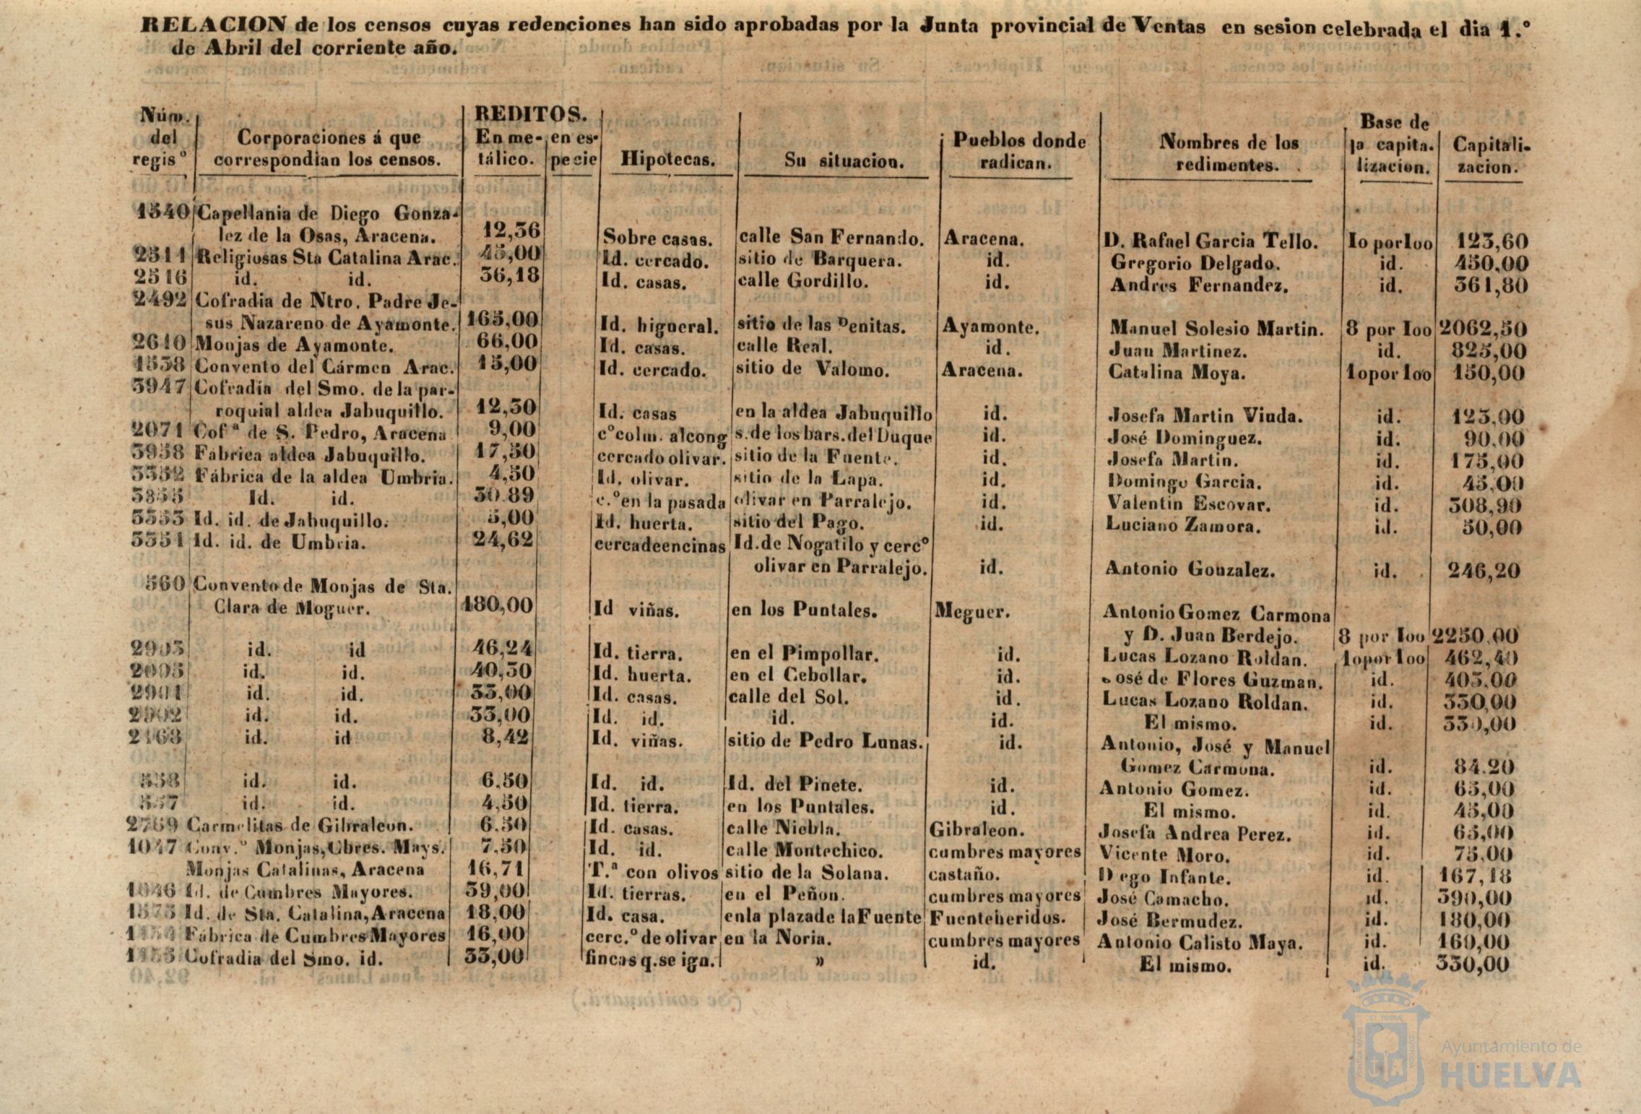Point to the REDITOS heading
pos(530,115)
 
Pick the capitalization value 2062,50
pos(1483,329)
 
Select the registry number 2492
pos(161,298)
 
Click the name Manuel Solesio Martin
pos(1217,329)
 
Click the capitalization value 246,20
pos(1484,571)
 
